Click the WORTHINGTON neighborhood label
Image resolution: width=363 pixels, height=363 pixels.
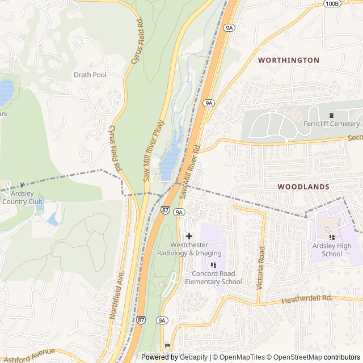[288, 60]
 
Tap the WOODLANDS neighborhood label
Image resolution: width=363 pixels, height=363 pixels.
[303, 187]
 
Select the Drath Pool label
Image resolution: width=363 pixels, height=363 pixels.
[90, 75]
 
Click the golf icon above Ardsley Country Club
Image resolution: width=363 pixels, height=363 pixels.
[22, 185]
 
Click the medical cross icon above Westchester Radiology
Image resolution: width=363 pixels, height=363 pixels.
[189, 235]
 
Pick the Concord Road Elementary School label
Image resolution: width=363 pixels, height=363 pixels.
[213, 278]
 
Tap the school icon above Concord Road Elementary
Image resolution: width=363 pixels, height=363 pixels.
[213, 265]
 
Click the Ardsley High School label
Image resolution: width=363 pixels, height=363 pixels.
[331, 250]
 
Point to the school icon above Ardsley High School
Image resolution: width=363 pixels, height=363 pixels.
[331, 237]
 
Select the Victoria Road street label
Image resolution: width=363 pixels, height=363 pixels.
[261, 268]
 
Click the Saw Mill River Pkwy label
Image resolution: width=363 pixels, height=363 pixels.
[154, 151]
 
